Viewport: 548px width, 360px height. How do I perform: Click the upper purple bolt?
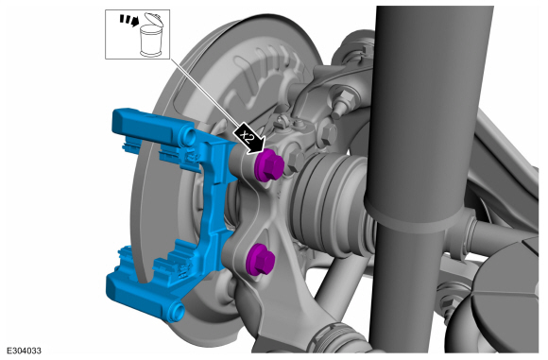(x=269, y=164)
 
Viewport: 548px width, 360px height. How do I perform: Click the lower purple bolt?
(x=260, y=259)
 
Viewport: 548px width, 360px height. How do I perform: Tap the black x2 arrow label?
(x=249, y=138)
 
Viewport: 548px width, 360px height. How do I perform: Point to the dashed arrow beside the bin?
(x=128, y=20)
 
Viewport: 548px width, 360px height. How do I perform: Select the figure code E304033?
(x=25, y=351)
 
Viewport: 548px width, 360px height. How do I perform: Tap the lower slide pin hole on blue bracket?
(x=178, y=309)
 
